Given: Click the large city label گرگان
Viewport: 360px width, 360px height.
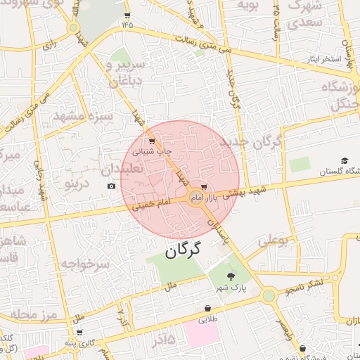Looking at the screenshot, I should click(x=183, y=250).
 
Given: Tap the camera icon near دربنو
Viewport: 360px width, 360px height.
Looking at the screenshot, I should click(x=111, y=186).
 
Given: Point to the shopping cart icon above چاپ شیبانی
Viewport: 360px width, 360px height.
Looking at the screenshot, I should click(x=152, y=142).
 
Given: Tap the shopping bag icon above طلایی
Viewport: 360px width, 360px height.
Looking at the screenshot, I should click(x=208, y=308).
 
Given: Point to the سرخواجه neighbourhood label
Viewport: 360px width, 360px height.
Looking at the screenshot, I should click(x=85, y=264).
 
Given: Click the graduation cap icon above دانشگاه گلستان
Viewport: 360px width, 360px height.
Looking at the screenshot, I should click(x=344, y=160).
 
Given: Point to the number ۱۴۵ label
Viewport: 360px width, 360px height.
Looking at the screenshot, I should click(x=127, y=24).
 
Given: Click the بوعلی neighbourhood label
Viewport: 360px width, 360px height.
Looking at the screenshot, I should click(x=273, y=240).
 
